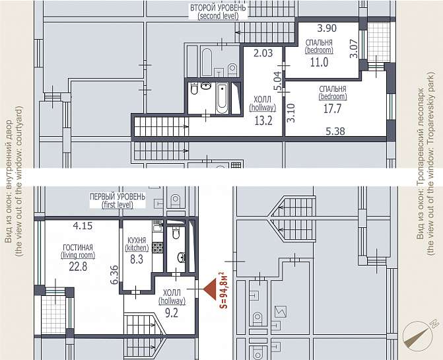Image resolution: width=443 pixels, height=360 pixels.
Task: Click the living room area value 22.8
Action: point(79,266)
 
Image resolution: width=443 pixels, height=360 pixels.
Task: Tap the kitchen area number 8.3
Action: point(137,259)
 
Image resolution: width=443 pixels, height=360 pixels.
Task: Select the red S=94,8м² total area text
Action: point(223,290)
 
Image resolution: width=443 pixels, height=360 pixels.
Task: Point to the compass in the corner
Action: point(421,335)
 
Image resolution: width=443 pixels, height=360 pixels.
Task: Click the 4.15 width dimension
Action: point(83,226)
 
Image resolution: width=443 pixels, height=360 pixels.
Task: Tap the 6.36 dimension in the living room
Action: point(115,274)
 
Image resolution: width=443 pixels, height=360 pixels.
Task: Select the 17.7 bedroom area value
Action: point(333,108)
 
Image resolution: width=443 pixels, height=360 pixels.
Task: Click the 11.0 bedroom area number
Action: point(320,62)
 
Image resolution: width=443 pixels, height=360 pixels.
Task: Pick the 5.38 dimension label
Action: point(335,131)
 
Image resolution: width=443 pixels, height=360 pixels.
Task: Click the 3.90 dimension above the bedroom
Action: point(327,28)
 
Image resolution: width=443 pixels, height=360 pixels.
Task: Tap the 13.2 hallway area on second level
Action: point(263,121)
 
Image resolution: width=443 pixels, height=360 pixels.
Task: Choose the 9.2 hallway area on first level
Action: point(172,313)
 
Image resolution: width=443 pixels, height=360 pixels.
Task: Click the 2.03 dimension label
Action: point(263,53)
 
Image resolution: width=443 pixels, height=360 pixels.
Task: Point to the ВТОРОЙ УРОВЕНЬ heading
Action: point(218,8)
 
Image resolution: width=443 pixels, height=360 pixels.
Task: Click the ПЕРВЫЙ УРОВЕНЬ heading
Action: point(118,196)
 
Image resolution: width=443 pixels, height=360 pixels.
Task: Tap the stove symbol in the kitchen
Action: point(157,247)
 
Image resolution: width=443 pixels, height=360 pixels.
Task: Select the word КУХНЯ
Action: point(137,240)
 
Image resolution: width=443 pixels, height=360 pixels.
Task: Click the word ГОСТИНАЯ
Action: point(78,248)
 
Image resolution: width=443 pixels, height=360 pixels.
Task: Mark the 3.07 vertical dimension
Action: point(354,49)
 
